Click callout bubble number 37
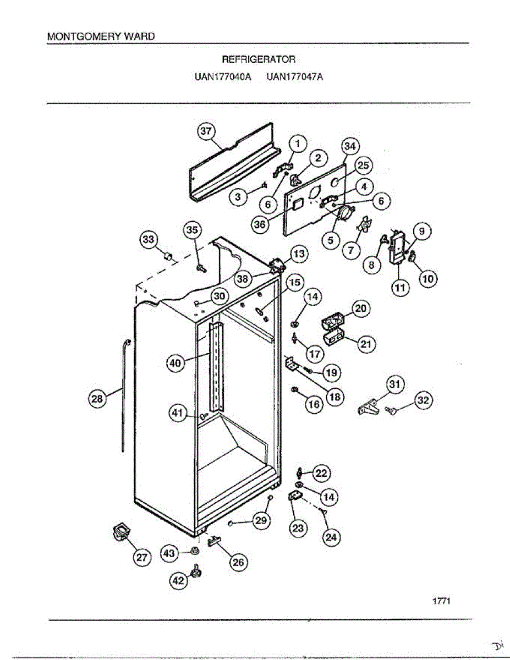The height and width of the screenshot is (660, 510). pyautogui.click(x=206, y=132)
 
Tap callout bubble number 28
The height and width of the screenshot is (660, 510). pyautogui.click(x=97, y=400)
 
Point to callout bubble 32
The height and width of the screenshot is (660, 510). pyautogui.click(x=423, y=401)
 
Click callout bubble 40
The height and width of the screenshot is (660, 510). pyautogui.click(x=175, y=363)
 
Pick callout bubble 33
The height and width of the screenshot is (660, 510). pyautogui.click(x=149, y=239)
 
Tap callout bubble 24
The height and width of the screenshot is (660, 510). pyautogui.click(x=330, y=537)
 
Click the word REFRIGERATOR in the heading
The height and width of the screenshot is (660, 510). pyautogui.click(x=258, y=59)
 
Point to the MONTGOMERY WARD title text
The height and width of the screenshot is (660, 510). pyautogui.click(x=101, y=36)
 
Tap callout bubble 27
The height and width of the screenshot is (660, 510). pyautogui.click(x=142, y=557)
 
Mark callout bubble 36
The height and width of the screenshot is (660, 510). pyautogui.click(x=261, y=224)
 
